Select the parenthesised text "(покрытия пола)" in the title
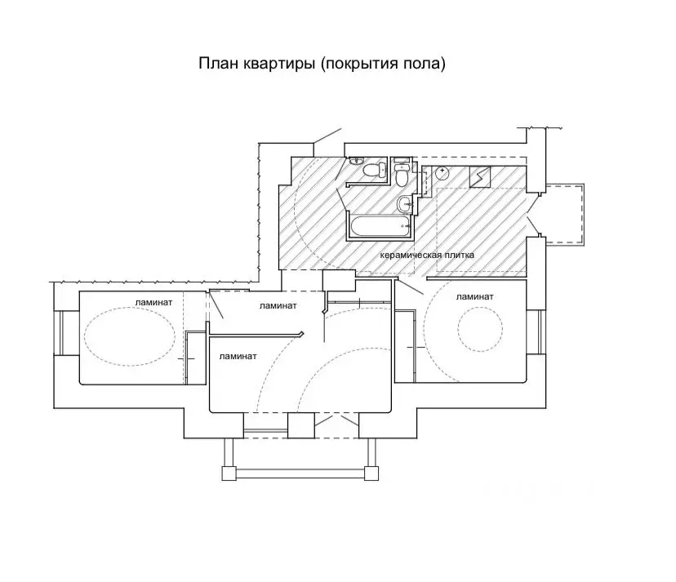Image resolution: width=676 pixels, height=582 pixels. pos(383,64)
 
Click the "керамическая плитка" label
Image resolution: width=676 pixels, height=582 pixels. pos(427,255)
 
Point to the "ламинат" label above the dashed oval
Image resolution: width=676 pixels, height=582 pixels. pos(154,301)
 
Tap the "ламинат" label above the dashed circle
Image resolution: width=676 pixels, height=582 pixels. pos(474,296)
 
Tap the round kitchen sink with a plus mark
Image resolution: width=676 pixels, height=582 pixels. pos(442,172)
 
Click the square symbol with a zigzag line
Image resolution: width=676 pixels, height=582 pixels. pos(479,175)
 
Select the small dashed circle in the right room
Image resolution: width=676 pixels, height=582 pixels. pos(479,332)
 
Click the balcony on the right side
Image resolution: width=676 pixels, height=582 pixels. pos(563,214)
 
